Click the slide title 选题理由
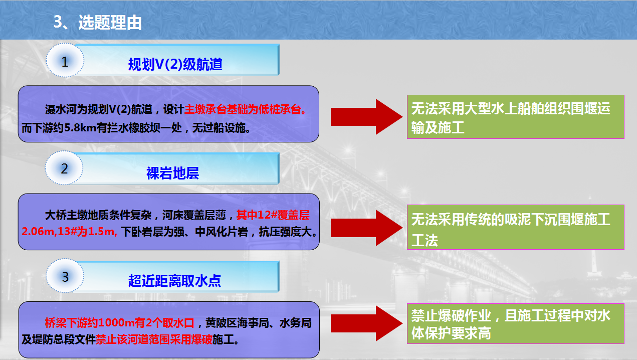click(x=110, y=23)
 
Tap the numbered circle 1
click(x=65, y=60)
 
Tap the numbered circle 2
click(x=64, y=168)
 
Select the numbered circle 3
click(x=65, y=276)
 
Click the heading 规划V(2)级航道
click(x=175, y=64)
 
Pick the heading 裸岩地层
click(x=172, y=173)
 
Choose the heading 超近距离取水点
click(x=174, y=281)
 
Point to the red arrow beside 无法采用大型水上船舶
click(x=366, y=117)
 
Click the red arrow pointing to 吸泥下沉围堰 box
click(x=366, y=228)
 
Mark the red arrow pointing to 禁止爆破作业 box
click(x=366, y=323)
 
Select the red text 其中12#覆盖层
click(x=273, y=215)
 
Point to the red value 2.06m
click(x=38, y=231)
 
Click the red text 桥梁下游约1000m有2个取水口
click(x=120, y=323)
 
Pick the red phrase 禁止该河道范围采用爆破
click(x=154, y=339)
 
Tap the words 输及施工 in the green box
click(x=438, y=127)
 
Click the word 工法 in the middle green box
click(x=424, y=240)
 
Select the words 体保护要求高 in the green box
click(x=451, y=333)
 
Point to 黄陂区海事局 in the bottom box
click(x=237, y=323)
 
